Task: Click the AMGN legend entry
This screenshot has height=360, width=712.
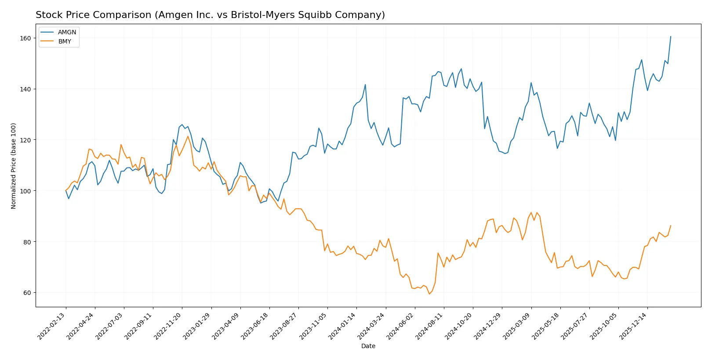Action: (x=66, y=32)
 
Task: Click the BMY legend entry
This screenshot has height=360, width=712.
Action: (x=64, y=41)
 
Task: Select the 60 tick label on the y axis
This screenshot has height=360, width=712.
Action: (x=27, y=293)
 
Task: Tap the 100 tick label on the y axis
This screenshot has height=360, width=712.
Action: (x=25, y=191)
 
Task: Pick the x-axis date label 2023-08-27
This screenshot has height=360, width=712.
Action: (x=284, y=326)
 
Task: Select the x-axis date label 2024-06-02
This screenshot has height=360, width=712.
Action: (x=401, y=326)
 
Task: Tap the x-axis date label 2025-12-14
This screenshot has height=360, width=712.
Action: (x=633, y=326)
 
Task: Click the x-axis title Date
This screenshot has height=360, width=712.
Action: (x=368, y=346)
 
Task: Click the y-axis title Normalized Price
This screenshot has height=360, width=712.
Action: (x=14, y=166)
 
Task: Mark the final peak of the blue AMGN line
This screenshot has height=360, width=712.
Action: (x=671, y=36)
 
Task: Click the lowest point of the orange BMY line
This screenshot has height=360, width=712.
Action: (x=429, y=294)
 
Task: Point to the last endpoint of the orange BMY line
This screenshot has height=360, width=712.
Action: (x=671, y=225)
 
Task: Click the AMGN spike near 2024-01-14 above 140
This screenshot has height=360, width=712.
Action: (x=365, y=84)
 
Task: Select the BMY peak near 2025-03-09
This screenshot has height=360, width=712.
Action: (x=531, y=212)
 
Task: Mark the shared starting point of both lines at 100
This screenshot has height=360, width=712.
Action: (x=66, y=191)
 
